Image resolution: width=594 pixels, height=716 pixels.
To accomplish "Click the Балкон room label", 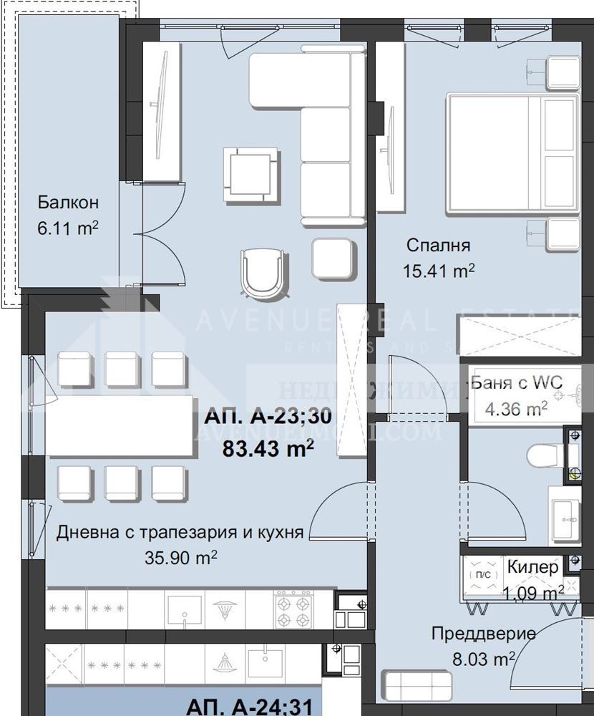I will point(67,202).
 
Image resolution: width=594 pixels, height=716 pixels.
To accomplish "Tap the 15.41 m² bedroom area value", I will point(440,271).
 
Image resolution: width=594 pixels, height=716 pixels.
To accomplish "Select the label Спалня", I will point(438,246).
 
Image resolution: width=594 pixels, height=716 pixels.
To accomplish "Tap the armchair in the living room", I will point(263,270).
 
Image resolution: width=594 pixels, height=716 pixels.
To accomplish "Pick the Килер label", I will point(532,567).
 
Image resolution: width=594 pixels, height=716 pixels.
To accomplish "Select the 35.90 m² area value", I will point(182,558).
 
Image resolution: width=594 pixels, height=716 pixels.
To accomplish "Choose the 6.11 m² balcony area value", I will point(67,228).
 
